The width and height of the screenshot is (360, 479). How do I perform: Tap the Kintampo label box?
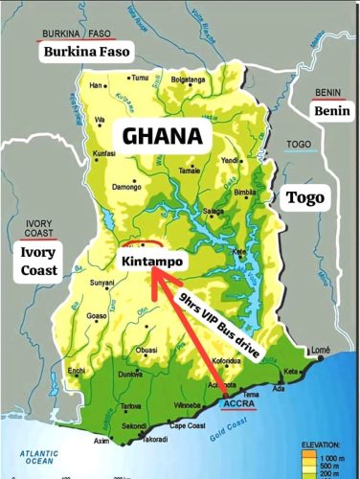pyautogui.click(x=152, y=261)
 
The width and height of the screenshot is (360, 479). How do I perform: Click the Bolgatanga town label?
pyautogui.click(x=189, y=79)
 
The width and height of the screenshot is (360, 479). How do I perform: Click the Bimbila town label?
pyautogui.click(x=247, y=192)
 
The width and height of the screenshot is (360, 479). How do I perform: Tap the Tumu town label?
pyautogui.click(x=140, y=77)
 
